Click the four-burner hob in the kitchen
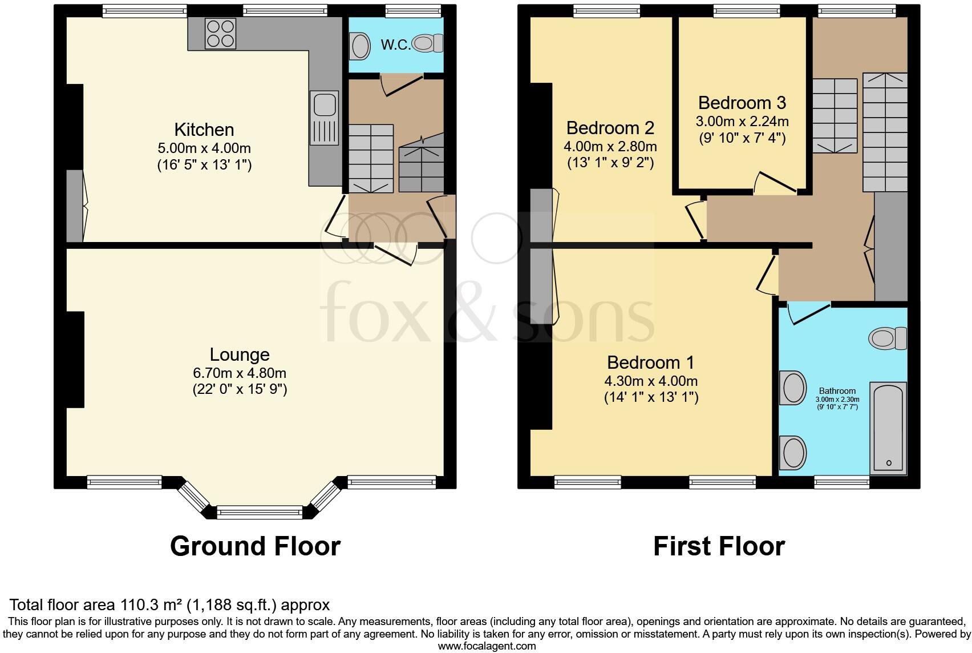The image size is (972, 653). point(221,34)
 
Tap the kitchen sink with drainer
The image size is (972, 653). point(325,119)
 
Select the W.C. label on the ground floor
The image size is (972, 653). point(395,45)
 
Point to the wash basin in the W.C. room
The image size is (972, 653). point(360,46)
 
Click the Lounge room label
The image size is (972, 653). point(240,354)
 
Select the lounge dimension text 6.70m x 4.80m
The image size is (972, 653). point(240,373)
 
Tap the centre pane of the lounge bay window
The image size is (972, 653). point(260,512)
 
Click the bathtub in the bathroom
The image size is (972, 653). point(888,427)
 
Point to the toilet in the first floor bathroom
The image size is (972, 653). point(887,338)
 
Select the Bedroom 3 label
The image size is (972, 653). point(742,103)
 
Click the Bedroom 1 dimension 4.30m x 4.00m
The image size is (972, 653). point(651,381)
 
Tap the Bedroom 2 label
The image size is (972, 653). point(610,127)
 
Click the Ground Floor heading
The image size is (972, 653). point(255,546)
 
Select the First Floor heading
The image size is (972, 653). point(719,546)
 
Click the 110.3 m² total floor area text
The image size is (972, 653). point(169,604)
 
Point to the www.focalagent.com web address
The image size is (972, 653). point(487,646)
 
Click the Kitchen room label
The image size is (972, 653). point(204,130)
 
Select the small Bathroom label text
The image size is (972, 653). point(837,391)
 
